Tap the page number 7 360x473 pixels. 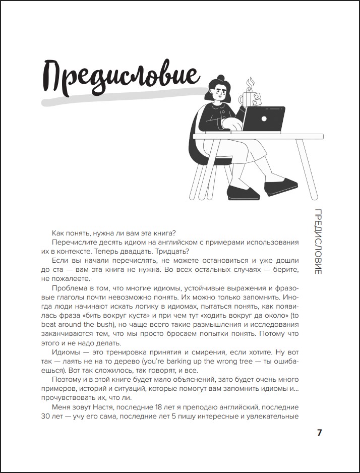coord(319,433)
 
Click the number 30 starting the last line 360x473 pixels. coord(46,417)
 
